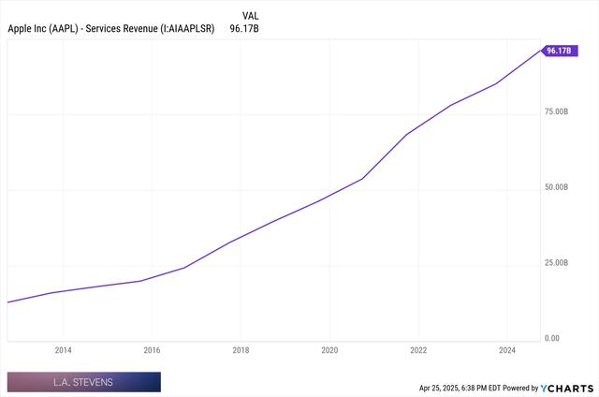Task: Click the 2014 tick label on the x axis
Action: click(x=63, y=350)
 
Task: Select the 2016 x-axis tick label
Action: click(x=152, y=350)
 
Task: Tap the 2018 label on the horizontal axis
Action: click(x=241, y=350)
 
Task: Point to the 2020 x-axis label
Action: click(x=329, y=350)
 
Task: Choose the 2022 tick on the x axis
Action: click(x=418, y=350)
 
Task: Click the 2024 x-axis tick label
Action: click(x=507, y=350)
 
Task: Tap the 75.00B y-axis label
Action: click(x=555, y=112)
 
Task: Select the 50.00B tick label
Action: click(x=555, y=188)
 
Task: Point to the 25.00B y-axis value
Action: click(x=555, y=263)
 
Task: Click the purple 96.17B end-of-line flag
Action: click(x=558, y=51)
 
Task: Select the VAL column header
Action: click(x=251, y=16)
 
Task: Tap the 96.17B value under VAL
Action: click(x=245, y=29)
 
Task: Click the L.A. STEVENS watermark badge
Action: click(x=83, y=382)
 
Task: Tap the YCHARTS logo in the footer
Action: click(x=567, y=387)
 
